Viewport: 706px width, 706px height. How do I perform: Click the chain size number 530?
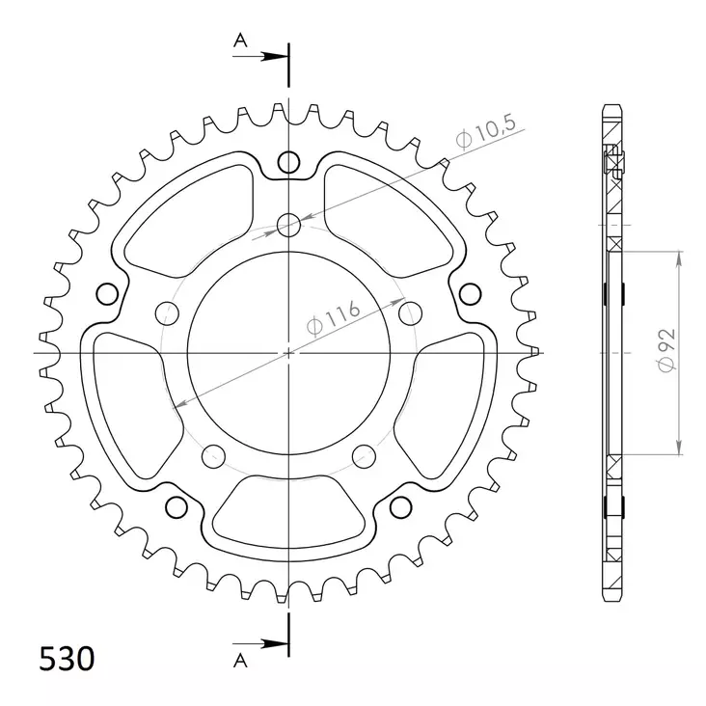click(67, 660)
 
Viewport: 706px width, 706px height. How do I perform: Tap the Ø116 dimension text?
click(334, 319)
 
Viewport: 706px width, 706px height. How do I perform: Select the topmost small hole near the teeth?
click(288, 162)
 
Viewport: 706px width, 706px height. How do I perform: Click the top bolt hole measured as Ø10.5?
click(288, 226)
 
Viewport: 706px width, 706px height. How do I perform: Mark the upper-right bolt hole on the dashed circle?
click(410, 312)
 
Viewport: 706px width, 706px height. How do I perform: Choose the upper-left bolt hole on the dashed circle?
click(168, 312)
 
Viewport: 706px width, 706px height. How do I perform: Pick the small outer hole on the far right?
click(470, 292)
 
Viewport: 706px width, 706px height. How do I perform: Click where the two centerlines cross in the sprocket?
click(288, 353)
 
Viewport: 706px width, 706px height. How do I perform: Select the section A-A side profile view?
click(612, 352)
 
